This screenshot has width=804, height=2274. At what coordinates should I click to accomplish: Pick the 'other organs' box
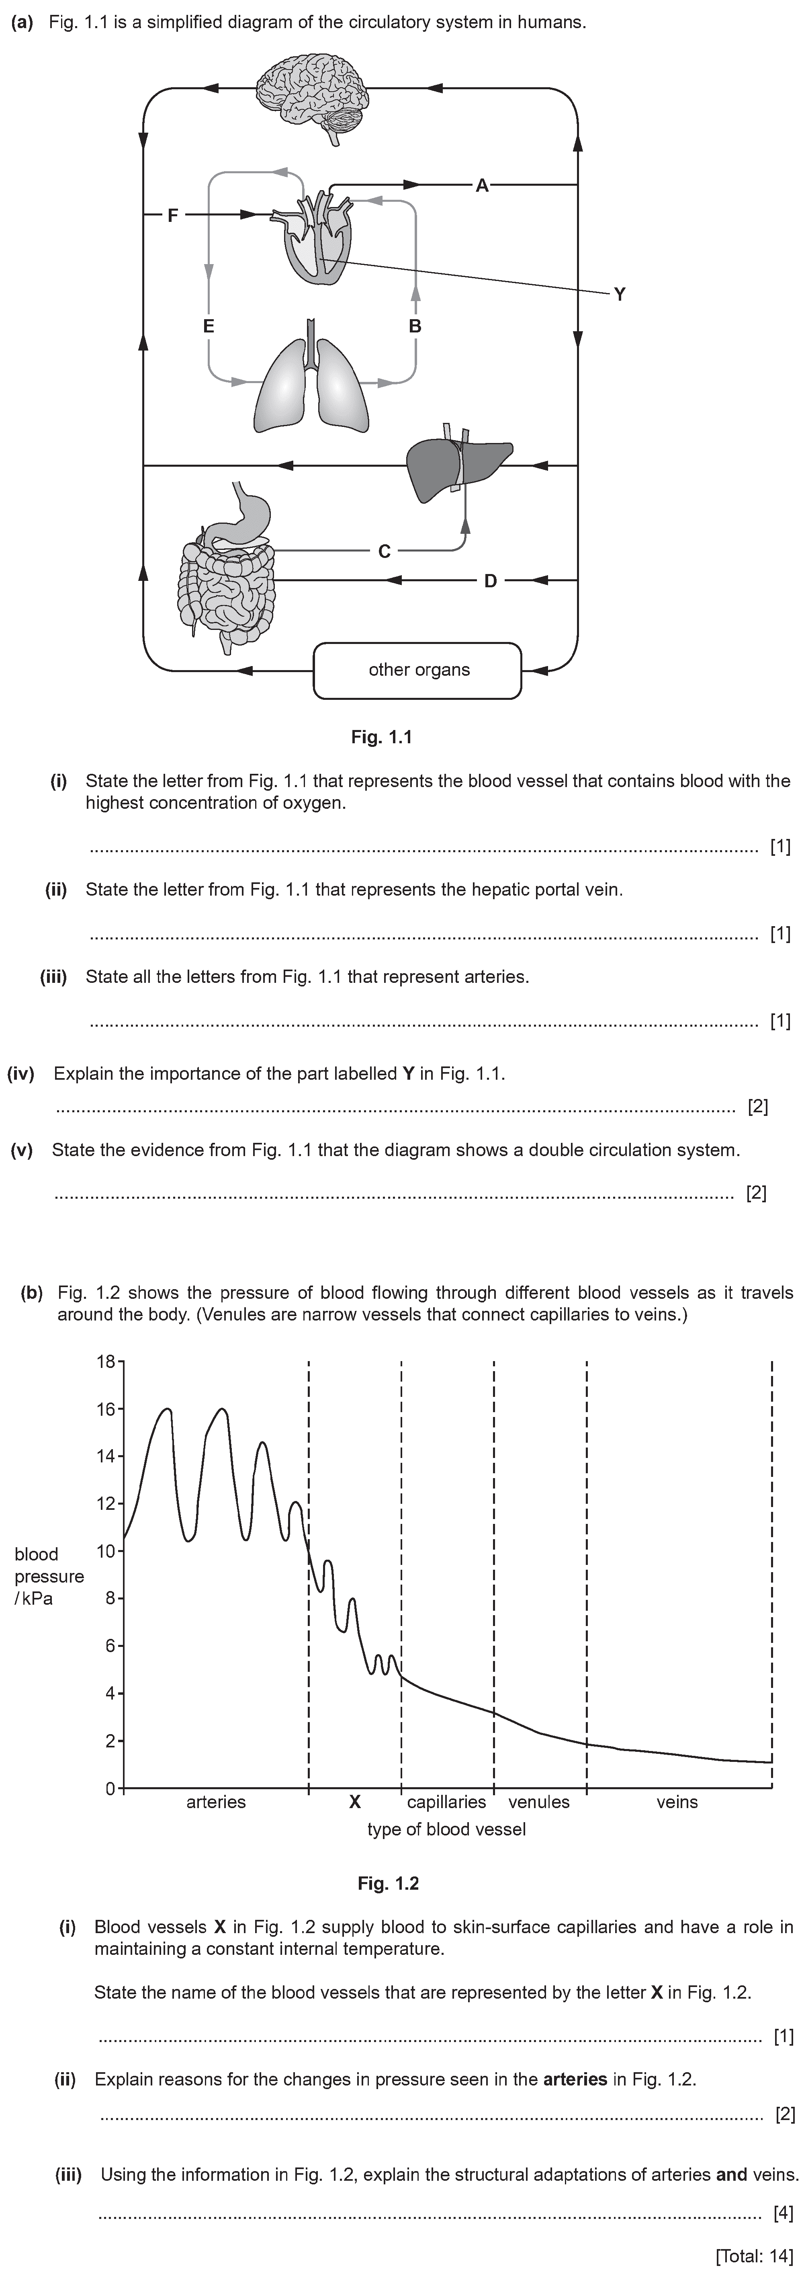(x=418, y=670)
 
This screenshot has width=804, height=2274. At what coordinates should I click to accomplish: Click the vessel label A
(x=482, y=185)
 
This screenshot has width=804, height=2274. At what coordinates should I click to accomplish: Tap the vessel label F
(x=173, y=215)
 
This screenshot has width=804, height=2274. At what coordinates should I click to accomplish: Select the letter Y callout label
(x=620, y=294)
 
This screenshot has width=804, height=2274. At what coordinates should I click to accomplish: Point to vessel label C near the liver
(x=384, y=552)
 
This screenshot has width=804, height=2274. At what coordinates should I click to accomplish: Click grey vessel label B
(x=415, y=326)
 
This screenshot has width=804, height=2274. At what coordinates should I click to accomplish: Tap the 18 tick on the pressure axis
(x=106, y=1361)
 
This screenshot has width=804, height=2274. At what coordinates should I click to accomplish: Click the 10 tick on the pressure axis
(x=106, y=1551)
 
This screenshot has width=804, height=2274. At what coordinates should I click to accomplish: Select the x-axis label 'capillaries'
(x=446, y=1802)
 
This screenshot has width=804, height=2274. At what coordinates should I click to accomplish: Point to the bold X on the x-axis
(x=355, y=1802)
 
